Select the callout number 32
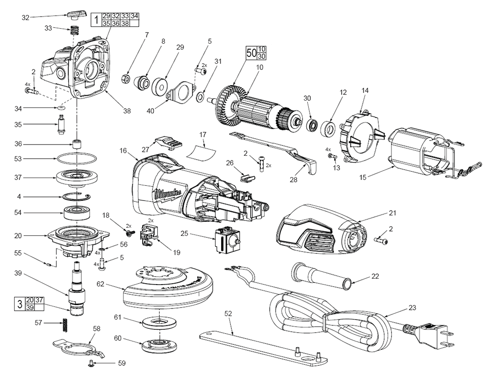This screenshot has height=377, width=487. tap(26, 18)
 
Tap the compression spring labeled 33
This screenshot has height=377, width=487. tap(75, 29)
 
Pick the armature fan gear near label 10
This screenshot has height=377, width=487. tap(229, 100)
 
